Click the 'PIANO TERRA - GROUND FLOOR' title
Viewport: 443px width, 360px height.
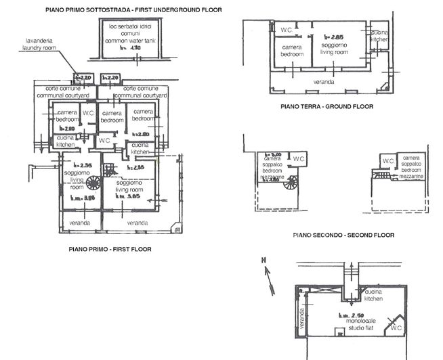click(326, 107)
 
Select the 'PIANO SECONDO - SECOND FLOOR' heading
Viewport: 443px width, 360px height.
click(343, 235)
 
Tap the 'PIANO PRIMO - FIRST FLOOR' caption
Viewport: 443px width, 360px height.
click(110, 249)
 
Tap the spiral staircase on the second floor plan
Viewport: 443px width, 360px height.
click(292, 182)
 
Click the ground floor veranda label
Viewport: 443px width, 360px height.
click(323, 82)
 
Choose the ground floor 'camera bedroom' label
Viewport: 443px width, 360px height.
click(292, 51)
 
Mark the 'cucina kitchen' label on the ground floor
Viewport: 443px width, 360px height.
click(379, 36)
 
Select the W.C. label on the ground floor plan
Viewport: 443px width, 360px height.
click(285, 30)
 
